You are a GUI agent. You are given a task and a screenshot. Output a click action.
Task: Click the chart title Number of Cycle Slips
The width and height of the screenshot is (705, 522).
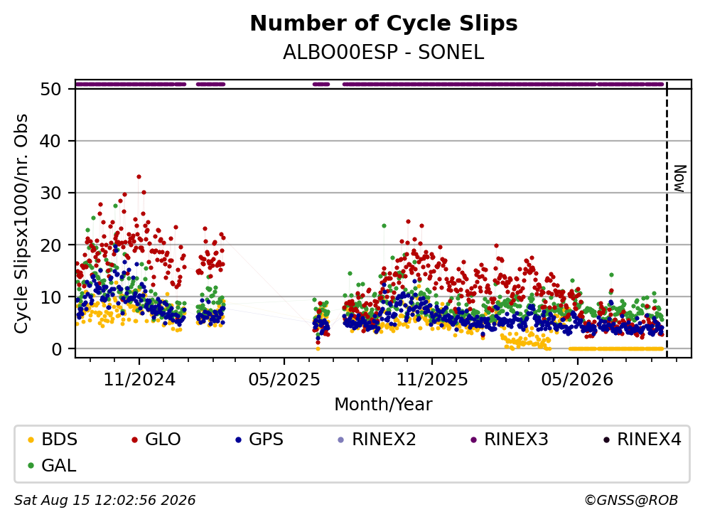click(384, 23)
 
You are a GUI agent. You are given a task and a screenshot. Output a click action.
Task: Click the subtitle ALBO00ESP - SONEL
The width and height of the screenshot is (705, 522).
click(384, 53)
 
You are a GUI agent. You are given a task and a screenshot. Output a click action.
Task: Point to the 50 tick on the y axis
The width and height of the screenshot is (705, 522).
click(50, 89)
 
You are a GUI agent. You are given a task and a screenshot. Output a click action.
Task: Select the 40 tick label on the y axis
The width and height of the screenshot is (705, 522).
click(50, 142)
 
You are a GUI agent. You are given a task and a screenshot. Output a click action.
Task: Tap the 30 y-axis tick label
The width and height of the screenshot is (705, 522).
click(50, 193)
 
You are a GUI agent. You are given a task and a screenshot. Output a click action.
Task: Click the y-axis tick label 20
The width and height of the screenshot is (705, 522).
click(50, 245)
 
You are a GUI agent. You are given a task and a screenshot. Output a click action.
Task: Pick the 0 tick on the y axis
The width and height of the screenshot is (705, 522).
click(56, 348)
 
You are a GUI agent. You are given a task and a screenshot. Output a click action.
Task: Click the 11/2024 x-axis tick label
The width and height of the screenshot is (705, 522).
click(139, 380)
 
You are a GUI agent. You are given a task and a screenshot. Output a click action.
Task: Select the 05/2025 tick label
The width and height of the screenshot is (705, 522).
click(284, 380)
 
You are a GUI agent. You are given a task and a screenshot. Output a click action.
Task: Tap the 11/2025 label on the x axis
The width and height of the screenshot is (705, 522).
click(432, 380)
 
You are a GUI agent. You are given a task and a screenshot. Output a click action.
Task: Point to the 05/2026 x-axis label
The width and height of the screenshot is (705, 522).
click(577, 380)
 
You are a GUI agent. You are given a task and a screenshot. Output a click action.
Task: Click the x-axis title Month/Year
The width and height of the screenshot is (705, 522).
click(383, 404)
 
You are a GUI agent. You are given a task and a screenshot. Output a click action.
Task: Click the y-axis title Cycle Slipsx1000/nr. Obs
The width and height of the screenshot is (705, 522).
click(21, 223)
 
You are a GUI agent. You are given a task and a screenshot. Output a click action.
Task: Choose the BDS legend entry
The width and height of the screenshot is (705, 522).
click(53, 440)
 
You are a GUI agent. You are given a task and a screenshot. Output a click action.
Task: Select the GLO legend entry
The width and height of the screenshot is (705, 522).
click(156, 440)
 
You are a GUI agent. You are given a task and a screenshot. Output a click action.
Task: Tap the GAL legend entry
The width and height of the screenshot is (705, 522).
click(52, 465)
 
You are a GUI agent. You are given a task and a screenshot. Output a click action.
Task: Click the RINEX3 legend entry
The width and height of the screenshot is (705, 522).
click(510, 440)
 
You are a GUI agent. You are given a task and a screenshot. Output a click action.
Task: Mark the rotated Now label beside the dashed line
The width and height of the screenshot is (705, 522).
click(681, 179)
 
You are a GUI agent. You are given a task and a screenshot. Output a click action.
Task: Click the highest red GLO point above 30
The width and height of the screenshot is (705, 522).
click(139, 177)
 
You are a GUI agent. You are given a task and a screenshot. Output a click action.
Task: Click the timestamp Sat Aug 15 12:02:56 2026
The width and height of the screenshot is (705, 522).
click(104, 500)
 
